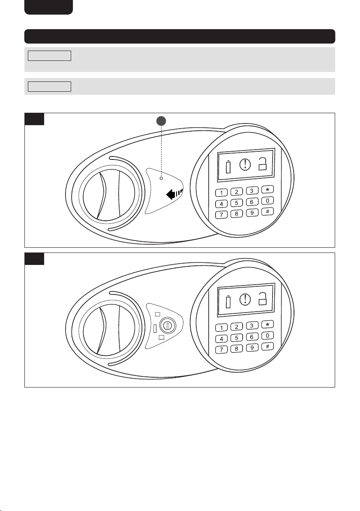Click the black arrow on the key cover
click(174, 194)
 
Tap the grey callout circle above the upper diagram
click(161, 121)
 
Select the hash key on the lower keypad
click(267, 347)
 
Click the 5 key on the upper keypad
click(237, 203)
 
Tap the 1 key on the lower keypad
click(222, 328)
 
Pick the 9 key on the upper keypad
click(252, 213)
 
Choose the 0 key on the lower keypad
click(267, 336)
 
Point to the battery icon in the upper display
click(228, 167)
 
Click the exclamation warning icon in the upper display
click(245, 164)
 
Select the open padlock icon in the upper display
click(263, 164)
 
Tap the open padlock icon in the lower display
click(263, 299)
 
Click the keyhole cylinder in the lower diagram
click(168, 325)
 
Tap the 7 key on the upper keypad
click(222, 215)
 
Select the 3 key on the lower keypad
click(252, 325)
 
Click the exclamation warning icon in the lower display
click(245, 299)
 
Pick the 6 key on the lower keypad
click(252, 337)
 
